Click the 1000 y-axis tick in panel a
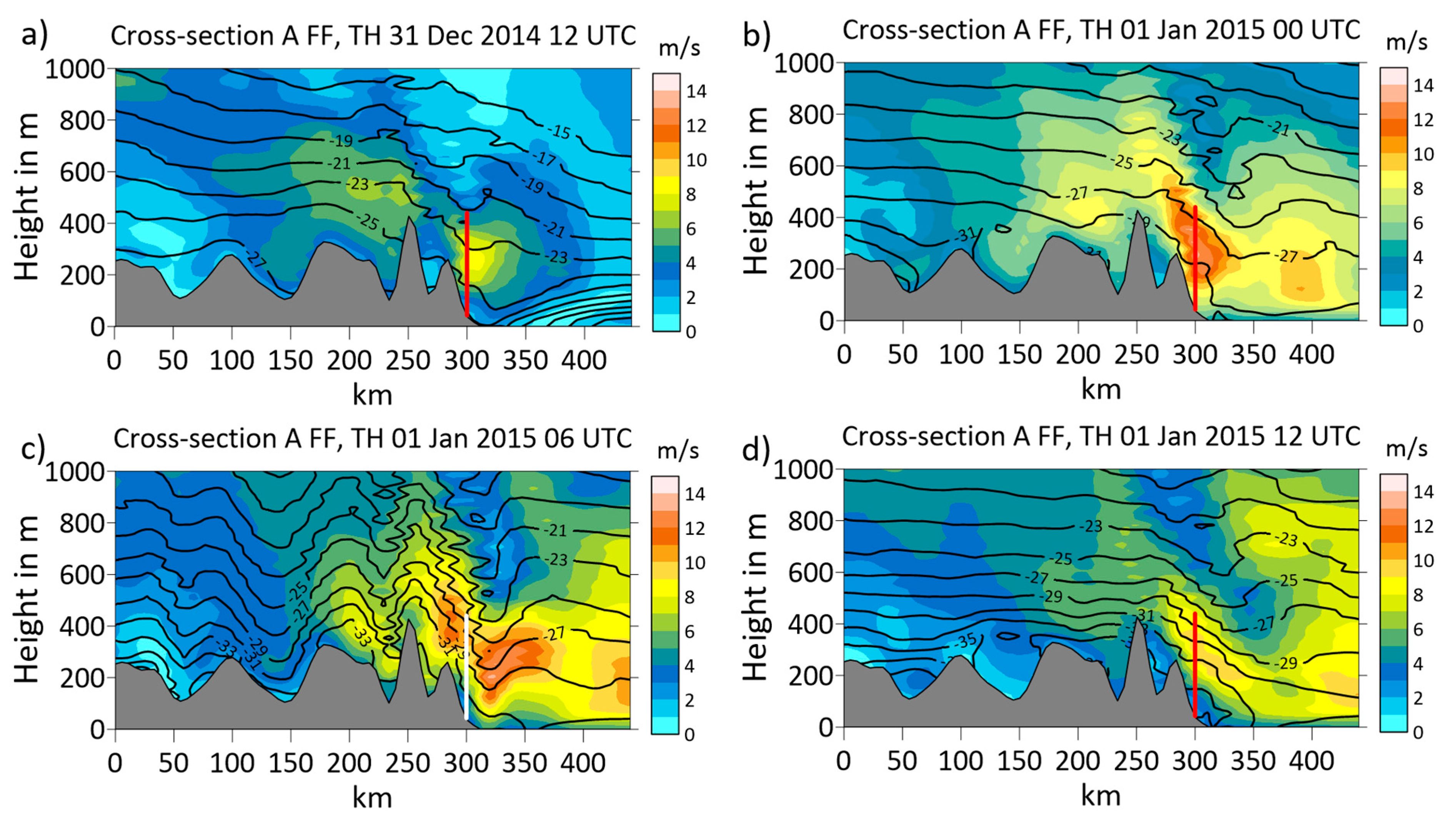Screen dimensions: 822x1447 (x=75, y=70)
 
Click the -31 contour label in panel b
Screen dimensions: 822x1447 (x=967, y=234)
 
